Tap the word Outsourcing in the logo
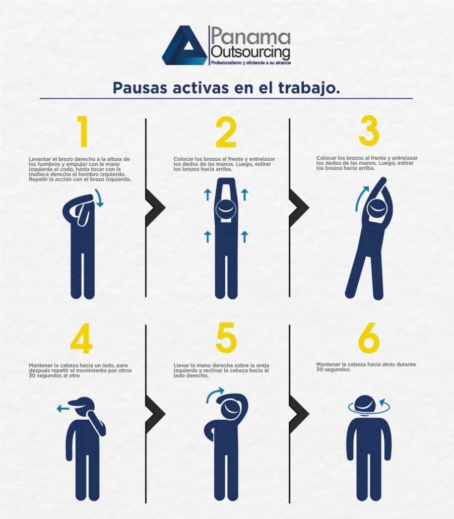click(x=250, y=52)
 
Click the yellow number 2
click(x=226, y=133)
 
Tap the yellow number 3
click(x=369, y=132)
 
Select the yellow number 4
click(x=81, y=338)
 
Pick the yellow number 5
click(x=226, y=338)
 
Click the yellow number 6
click(x=369, y=338)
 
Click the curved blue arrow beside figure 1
click(x=100, y=198)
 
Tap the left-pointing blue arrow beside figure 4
click(x=63, y=409)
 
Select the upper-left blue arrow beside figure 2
click(x=208, y=194)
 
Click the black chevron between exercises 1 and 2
click(x=155, y=208)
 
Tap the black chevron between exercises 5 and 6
click(x=299, y=414)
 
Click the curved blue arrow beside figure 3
click(x=359, y=199)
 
